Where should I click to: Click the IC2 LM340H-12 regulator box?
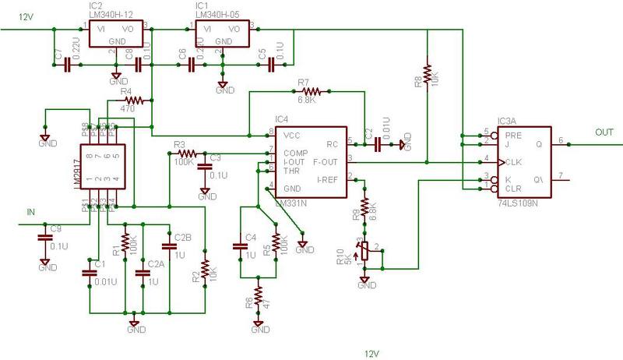(118, 34)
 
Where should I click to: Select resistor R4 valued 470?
(134, 101)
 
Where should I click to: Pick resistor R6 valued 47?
(258, 301)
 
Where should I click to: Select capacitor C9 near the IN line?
(43, 240)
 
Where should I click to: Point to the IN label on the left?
(31, 210)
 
